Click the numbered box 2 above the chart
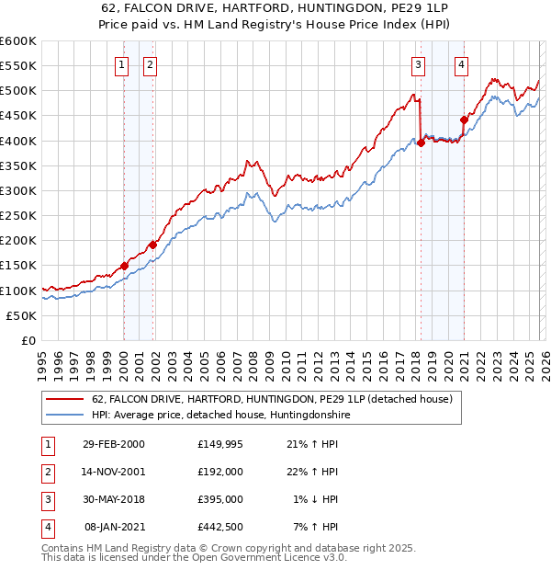click(150, 64)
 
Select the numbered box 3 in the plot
click(418, 64)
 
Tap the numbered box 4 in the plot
click(461, 64)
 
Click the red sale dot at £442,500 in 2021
click(464, 119)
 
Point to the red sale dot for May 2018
click(421, 142)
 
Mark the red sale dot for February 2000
click(124, 266)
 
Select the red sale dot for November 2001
click(152, 245)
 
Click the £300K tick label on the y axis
click(17, 190)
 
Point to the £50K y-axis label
click(21, 315)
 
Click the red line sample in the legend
click(65, 400)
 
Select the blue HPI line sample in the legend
click(65, 416)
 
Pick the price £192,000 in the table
click(219, 471)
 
